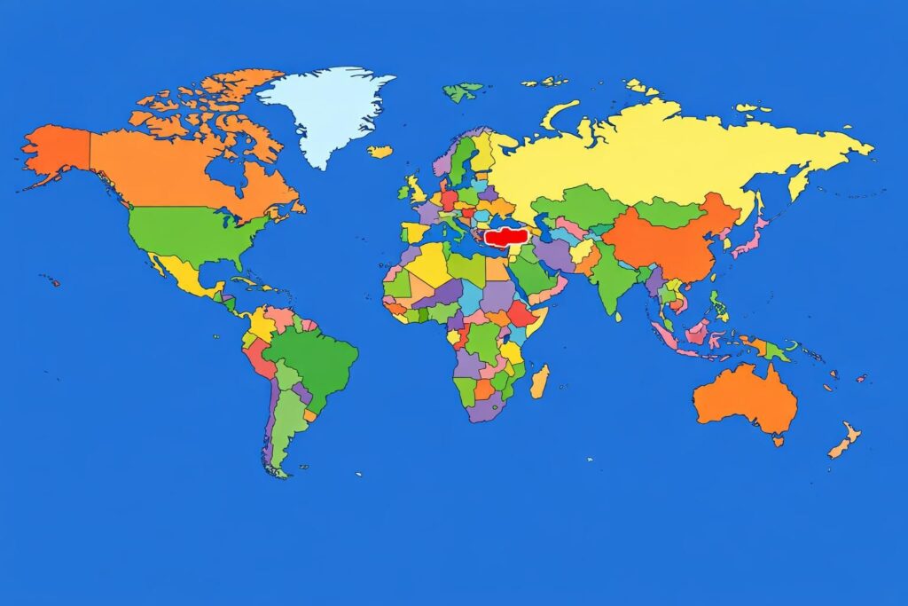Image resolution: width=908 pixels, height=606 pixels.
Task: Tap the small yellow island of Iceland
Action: [x=380, y=152]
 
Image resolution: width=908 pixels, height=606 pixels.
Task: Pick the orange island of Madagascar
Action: [x=540, y=381]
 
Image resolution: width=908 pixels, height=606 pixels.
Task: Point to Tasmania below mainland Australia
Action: [x=778, y=440]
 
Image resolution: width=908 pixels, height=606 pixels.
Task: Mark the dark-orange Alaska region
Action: [x=58, y=150]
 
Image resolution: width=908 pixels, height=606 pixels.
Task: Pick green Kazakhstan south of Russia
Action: [x=581, y=206]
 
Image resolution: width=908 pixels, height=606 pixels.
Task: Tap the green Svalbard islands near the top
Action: [x=463, y=91]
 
